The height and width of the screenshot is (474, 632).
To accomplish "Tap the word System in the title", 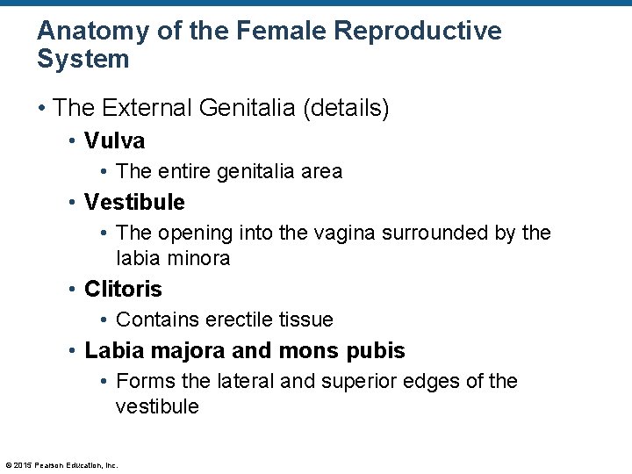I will tap(83, 60).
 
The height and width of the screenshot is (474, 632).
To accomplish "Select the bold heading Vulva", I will tap(114, 140).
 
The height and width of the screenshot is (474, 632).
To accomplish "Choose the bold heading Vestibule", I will tap(134, 202).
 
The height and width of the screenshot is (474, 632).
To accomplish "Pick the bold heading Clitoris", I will tap(123, 289).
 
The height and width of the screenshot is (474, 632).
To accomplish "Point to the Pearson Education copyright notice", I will tap(61, 465).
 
